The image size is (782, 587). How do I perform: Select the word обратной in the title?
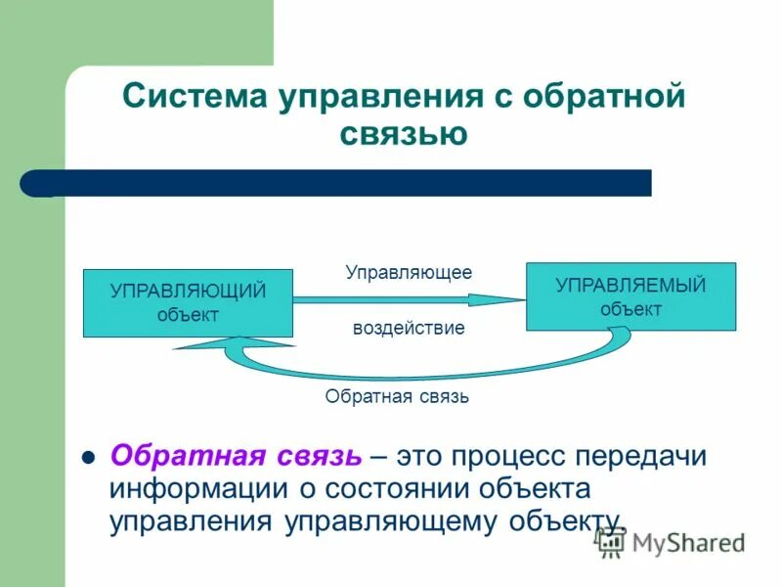pyautogui.click(x=604, y=99)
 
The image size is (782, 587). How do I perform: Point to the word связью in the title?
pyautogui.click(x=404, y=132)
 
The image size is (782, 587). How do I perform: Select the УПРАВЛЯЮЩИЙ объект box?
pyautogui.click(x=188, y=303)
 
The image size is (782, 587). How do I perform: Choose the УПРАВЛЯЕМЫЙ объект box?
pyautogui.click(x=630, y=296)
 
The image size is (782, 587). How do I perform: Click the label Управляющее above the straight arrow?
pyautogui.click(x=409, y=272)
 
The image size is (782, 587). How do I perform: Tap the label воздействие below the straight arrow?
pyautogui.click(x=409, y=328)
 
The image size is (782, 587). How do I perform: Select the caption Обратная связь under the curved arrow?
pyautogui.click(x=397, y=396)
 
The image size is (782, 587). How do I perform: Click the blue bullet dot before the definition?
pyautogui.click(x=87, y=457)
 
